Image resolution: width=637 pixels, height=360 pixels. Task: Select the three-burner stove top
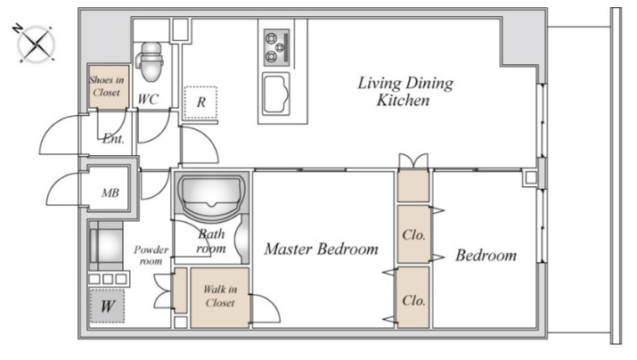click(x=277, y=47)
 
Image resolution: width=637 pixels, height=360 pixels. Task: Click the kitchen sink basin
click(x=276, y=94)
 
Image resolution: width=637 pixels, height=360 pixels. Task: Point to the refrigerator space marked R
click(x=200, y=102)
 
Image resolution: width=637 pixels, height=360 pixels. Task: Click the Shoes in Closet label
click(x=107, y=86)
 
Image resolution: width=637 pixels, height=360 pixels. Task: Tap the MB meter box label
click(x=110, y=192)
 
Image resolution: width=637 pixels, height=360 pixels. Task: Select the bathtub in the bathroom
click(x=211, y=194)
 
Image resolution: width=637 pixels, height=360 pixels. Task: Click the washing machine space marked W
click(x=107, y=306)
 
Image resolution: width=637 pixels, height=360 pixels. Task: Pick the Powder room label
click(x=151, y=255)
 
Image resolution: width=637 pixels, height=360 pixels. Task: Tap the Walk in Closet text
click(x=220, y=296)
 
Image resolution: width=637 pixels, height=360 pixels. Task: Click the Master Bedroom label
click(x=321, y=249)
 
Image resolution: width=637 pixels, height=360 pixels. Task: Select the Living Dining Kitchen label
click(x=405, y=91)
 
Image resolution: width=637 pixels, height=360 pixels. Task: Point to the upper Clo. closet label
click(x=413, y=235)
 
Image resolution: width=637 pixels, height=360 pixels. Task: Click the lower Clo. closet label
click(x=413, y=300)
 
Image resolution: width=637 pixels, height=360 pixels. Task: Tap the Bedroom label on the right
click(x=486, y=255)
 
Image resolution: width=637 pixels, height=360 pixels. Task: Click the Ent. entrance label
click(x=113, y=139)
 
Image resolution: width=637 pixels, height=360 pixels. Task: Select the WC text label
click(x=148, y=99)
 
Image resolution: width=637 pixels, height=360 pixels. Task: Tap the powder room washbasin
click(x=106, y=245)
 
